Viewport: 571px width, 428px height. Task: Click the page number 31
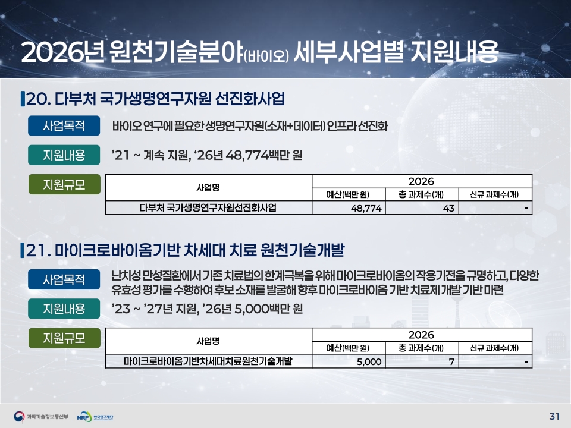click(x=554, y=416)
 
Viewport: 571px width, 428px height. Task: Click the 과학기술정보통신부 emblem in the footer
click(x=19, y=416)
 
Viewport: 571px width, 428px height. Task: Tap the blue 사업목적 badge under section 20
click(x=64, y=125)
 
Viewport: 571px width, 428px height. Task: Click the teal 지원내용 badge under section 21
click(x=64, y=309)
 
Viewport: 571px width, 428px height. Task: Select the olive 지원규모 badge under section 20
click(x=64, y=184)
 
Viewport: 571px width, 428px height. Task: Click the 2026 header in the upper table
click(x=421, y=181)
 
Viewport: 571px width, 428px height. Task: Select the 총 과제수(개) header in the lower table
click(x=421, y=348)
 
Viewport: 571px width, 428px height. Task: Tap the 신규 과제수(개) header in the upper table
click(x=494, y=195)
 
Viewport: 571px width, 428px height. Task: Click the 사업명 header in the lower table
click(x=208, y=341)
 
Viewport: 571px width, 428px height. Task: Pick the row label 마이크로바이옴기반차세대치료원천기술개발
click(x=208, y=361)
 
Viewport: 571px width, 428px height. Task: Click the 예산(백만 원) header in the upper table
click(x=348, y=195)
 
